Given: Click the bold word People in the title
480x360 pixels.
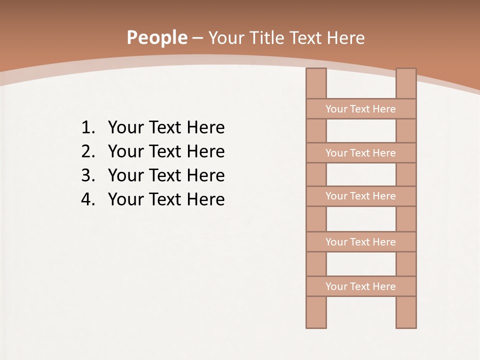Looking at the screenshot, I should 156,37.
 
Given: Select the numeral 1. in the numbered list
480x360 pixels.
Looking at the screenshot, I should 88,127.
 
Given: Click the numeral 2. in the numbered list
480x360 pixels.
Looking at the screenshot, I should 88,151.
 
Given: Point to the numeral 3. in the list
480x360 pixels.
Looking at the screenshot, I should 88,175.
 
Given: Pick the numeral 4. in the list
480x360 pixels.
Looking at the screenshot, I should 88,199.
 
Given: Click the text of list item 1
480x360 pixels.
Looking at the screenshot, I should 166,127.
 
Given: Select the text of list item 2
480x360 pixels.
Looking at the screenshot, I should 166,151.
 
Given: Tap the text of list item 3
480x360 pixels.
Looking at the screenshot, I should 166,175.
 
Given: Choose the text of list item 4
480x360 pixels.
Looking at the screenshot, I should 166,199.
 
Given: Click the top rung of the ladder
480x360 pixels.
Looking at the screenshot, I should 360,109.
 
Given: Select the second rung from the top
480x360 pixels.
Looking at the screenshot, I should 360,153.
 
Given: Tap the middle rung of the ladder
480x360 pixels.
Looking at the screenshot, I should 360,196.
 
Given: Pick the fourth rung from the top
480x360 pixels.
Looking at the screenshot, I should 360,242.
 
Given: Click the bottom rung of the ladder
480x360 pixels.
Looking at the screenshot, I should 360,286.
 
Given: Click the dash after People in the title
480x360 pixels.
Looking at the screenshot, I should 197,38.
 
